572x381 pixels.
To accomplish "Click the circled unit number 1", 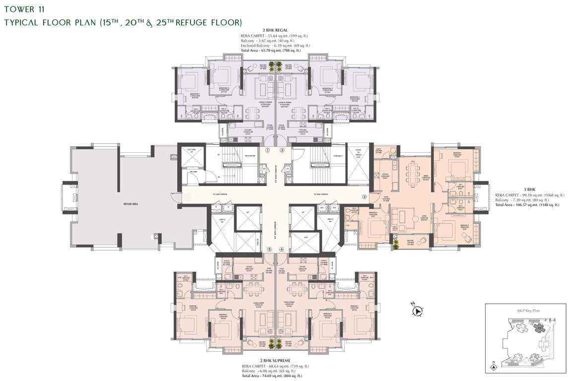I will (267, 150).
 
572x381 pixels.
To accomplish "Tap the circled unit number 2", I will (282, 150).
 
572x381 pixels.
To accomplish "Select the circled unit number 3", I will (364, 197).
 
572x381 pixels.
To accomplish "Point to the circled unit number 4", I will (282, 250).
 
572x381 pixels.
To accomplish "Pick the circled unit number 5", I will (269, 250).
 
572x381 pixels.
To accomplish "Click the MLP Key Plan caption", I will (527, 311).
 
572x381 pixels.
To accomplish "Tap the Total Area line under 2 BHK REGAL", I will (268, 51).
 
